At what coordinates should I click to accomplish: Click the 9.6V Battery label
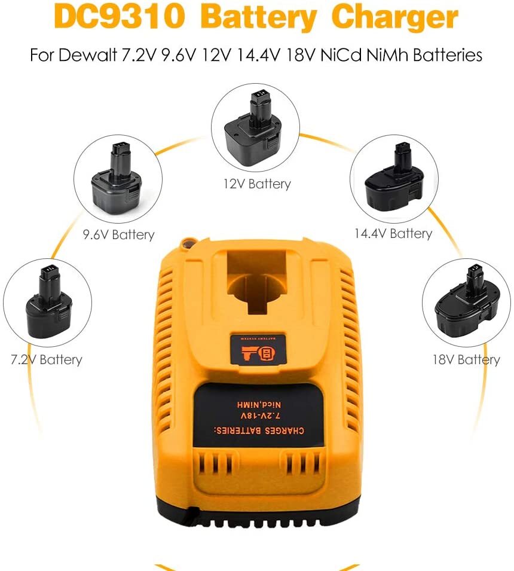118,235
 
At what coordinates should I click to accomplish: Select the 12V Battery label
257,184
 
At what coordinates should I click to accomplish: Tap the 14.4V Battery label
393,234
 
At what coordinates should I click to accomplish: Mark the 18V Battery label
466,360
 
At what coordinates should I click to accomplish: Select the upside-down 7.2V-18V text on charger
261,415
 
